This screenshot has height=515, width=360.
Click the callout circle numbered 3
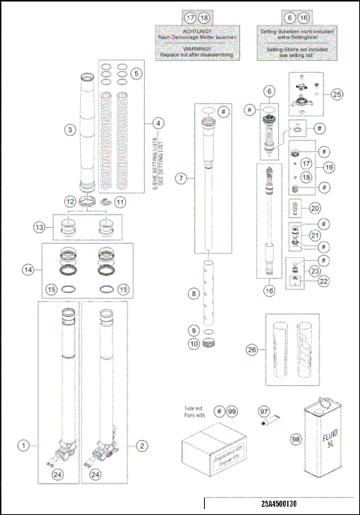(x=69, y=130)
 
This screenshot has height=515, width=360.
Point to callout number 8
(x=193, y=295)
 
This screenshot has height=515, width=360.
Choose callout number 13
(x=40, y=227)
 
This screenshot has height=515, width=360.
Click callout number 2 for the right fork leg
(x=142, y=445)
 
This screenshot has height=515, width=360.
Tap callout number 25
(x=336, y=94)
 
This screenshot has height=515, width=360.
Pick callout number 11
(x=121, y=201)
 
